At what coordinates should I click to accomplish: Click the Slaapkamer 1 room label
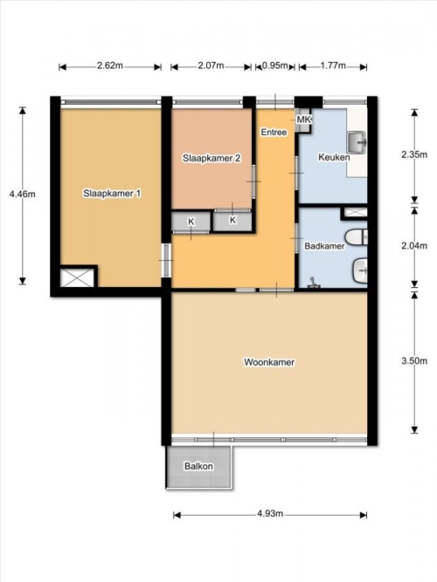[112, 194]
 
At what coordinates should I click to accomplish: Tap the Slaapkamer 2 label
[212, 159]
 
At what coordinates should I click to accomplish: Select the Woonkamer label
[269, 362]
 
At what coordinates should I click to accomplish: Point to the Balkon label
[198, 466]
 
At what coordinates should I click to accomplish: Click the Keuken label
[334, 157]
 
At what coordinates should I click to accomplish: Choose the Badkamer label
[324, 246]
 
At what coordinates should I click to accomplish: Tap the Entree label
[274, 132]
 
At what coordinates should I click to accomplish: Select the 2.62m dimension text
[110, 65]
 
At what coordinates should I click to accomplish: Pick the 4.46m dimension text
[23, 194]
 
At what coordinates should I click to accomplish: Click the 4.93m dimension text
[270, 514]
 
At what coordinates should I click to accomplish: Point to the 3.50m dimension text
[414, 360]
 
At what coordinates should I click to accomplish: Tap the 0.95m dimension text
[275, 65]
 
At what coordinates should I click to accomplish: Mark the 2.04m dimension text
[414, 246]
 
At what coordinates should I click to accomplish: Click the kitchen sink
[357, 142]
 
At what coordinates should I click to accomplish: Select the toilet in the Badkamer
[357, 237]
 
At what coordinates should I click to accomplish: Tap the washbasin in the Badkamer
[360, 270]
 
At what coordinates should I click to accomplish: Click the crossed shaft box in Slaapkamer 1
[78, 277]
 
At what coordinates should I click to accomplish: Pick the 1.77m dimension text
[333, 65]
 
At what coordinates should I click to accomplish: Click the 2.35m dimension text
[414, 154]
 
